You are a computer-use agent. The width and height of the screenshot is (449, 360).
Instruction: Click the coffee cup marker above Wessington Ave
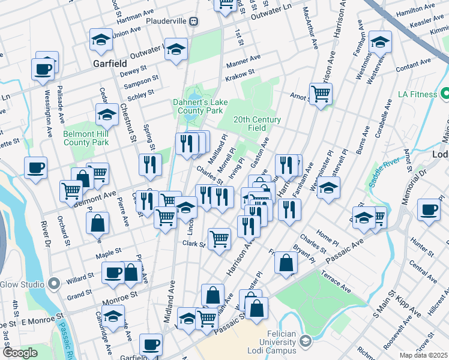pos(43,69)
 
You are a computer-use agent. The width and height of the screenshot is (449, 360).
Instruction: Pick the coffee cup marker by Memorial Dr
pos(429,210)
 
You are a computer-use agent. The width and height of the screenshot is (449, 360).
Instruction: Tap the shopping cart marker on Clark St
pos(220,238)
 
